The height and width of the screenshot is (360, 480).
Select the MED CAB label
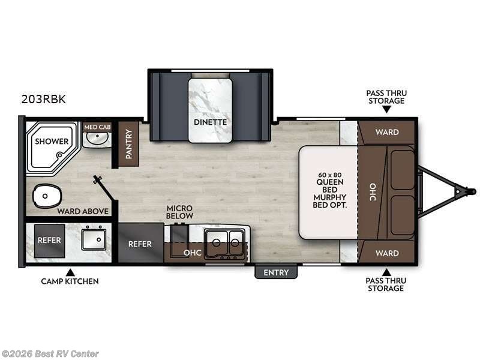pyautogui.click(x=97, y=127)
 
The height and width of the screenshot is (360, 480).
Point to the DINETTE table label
pyautogui.click(x=210, y=122)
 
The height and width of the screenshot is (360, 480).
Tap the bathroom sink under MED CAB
pyautogui.click(x=96, y=140)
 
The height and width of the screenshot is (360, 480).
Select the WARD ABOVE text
pyautogui.click(x=83, y=211)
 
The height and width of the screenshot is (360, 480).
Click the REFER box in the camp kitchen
pyautogui.click(x=49, y=239)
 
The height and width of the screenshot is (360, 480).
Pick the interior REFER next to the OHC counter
pyautogui.click(x=140, y=244)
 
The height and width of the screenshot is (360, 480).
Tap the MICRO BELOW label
pyautogui.click(x=180, y=212)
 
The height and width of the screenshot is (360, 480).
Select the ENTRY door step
pyautogui.click(x=276, y=272)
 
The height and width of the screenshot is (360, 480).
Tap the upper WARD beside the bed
pyautogui.click(x=387, y=132)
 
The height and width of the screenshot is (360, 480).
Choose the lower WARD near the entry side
pyautogui.click(x=387, y=253)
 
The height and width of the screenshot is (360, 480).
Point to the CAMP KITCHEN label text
pyautogui.click(x=70, y=281)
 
